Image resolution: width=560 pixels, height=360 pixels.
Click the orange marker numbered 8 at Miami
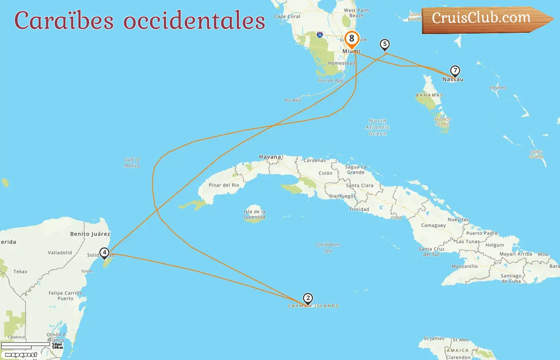tap(352, 39)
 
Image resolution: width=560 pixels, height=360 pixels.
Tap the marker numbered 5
tap(384, 44)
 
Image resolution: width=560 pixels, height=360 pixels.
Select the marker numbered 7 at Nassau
tap(455, 71)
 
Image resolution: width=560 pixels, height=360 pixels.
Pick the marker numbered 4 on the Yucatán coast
tap(104, 252)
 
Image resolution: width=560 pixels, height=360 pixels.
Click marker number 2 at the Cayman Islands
tap(308, 298)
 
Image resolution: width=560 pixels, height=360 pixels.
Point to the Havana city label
tap(270, 157)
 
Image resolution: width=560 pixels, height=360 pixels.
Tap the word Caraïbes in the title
tap(64, 21)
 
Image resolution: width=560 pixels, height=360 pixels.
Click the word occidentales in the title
tap(194, 21)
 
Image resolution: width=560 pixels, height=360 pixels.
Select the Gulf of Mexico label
tap(132, 162)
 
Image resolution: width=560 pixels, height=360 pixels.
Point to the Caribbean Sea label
tap(328, 248)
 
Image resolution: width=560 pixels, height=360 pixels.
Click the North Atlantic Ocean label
tap(378, 127)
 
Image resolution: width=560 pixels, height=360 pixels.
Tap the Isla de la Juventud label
tap(255, 214)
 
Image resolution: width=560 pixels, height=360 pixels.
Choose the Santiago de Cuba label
tap(511, 278)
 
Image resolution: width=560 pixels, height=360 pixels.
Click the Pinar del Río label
tap(224, 185)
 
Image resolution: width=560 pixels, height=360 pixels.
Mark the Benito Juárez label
tap(90, 234)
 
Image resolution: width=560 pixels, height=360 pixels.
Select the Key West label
tap(293, 100)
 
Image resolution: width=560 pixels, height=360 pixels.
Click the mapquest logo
tap(21, 355)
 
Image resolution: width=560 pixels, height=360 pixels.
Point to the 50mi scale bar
tap(26, 344)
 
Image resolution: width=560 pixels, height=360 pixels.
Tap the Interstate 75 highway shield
tap(320, 35)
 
